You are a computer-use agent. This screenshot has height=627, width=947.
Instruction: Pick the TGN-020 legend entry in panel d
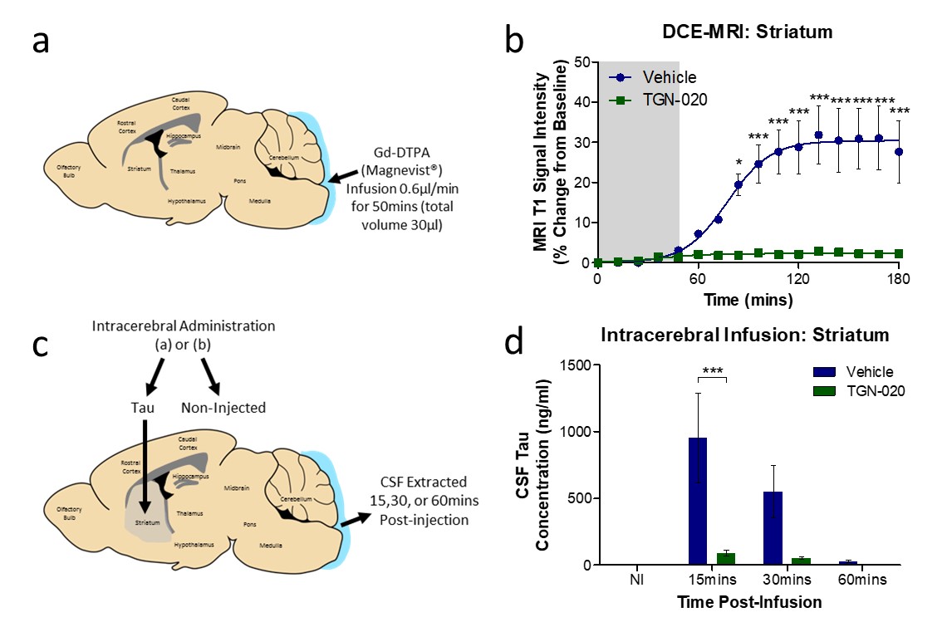873,390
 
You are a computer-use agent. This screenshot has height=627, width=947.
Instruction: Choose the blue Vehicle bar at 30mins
773,527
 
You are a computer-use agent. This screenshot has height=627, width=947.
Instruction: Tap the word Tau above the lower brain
142,407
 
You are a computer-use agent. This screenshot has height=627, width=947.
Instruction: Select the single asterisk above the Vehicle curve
738,162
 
